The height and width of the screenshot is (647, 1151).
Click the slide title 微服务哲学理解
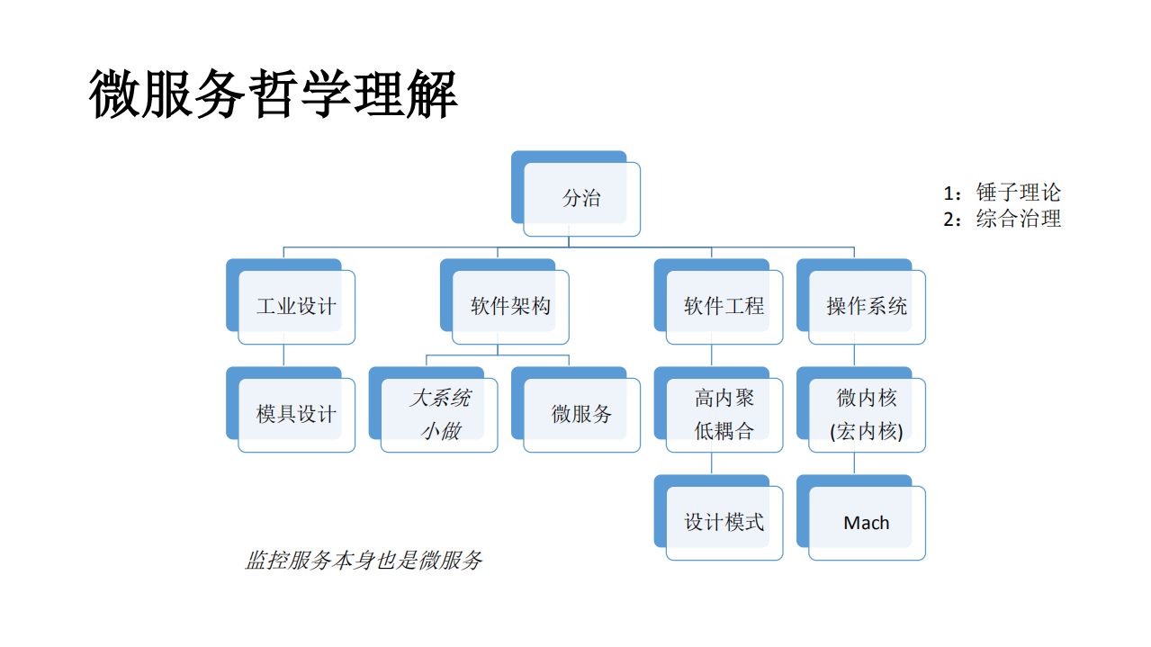pyautogui.click(x=274, y=93)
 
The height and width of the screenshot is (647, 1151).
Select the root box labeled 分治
pyautogui.click(x=581, y=199)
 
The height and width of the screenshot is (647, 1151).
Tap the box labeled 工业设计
pyautogui.click(x=296, y=307)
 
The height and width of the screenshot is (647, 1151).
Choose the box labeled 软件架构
pyautogui.click(x=510, y=307)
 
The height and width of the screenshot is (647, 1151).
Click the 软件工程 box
pyautogui.click(x=724, y=307)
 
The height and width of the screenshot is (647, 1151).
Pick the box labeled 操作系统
pyautogui.click(x=867, y=307)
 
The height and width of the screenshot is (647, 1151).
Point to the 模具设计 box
pyautogui.click(x=296, y=415)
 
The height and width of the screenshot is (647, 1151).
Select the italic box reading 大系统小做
pyautogui.click(x=439, y=415)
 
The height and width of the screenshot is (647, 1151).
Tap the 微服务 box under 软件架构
pyautogui.click(x=581, y=415)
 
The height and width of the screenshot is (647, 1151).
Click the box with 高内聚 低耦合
pyautogui.click(x=724, y=415)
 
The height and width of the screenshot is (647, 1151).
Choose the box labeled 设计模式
pyautogui.click(x=724, y=523)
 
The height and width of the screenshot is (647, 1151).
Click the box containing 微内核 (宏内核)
pyautogui.click(x=867, y=415)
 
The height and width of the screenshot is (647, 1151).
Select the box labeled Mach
pyautogui.click(x=867, y=523)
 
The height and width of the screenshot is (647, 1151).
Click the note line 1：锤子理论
pyautogui.click(x=1002, y=193)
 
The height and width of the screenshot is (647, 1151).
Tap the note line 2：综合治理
pyautogui.click(x=1002, y=219)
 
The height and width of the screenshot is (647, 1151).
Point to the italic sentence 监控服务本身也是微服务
pyautogui.click(x=364, y=561)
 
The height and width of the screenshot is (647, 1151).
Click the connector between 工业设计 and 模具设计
pyautogui.click(x=284, y=355)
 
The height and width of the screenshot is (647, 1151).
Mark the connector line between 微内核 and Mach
pyautogui.click(x=854, y=463)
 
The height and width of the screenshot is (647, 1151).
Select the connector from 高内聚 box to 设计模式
pyautogui.click(x=712, y=463)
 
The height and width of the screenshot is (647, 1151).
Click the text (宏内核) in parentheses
pyautogui.click(x=867, y=431)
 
